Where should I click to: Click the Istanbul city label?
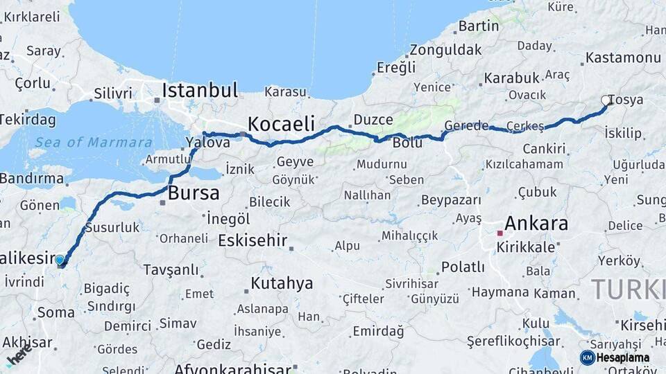[200, 90]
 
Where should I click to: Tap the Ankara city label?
[536, 224]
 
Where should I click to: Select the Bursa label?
[194, 193]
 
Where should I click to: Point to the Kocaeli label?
[281, 125]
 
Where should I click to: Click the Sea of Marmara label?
[94, 143]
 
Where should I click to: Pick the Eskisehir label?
[253, 240]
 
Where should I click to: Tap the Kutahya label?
[282, 283]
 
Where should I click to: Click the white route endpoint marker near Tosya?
[606, 101]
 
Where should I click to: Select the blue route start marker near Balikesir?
[60, 260]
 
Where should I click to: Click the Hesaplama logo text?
[623, 358]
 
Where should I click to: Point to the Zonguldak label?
[445, 50]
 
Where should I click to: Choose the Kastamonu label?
[623, 57]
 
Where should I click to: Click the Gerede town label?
[466, 125]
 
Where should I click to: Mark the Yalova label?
[208, 143]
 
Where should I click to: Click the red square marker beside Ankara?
[499, 233]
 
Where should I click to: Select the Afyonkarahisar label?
[233, 368]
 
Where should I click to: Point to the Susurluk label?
[112, 227]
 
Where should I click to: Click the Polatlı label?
[463, 267]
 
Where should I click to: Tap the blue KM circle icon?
[587, 358]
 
